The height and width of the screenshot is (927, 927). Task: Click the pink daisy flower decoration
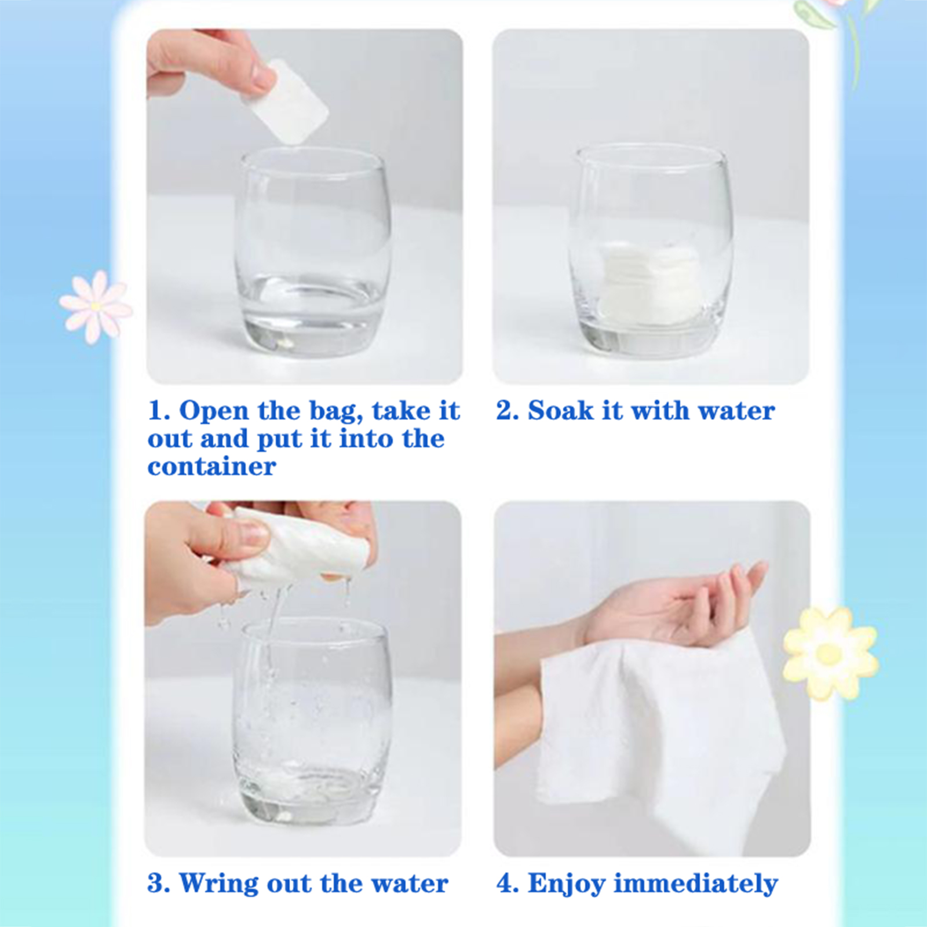96,306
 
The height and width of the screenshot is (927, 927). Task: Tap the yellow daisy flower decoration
830,653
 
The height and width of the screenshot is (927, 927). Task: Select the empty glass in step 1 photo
313,252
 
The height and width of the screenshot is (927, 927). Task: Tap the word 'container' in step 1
211,467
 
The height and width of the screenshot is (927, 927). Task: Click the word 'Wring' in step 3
219,884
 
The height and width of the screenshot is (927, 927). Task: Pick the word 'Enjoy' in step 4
566,884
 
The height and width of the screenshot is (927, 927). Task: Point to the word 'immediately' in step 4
695,884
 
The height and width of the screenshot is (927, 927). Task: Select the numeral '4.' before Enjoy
508,884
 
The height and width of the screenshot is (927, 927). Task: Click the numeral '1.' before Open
159,411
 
